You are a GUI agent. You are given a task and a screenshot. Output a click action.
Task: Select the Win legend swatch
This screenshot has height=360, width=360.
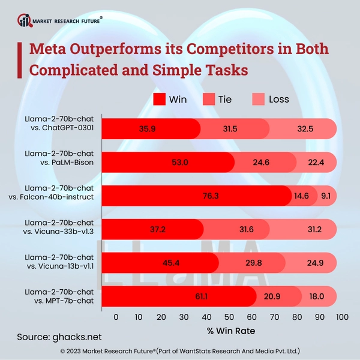click(160, 100)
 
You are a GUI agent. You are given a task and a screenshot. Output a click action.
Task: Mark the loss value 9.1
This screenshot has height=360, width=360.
click(326, 195)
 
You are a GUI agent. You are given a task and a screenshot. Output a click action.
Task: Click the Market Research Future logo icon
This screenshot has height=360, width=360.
click(25, 20)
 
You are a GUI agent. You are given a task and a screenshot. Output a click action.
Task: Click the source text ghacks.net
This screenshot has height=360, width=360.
click(77, 337)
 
